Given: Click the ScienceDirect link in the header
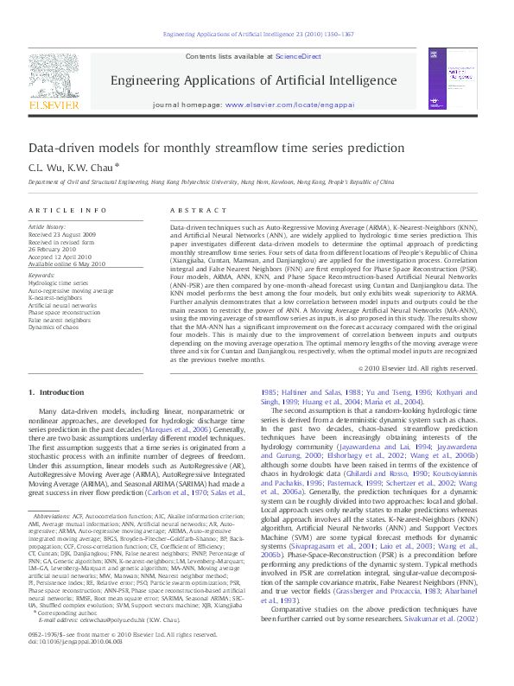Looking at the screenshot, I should coord(298,55).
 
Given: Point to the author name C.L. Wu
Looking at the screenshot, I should coord(44,167).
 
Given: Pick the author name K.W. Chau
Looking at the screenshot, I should coord(90,167).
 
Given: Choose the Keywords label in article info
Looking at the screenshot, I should coord(43,275).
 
